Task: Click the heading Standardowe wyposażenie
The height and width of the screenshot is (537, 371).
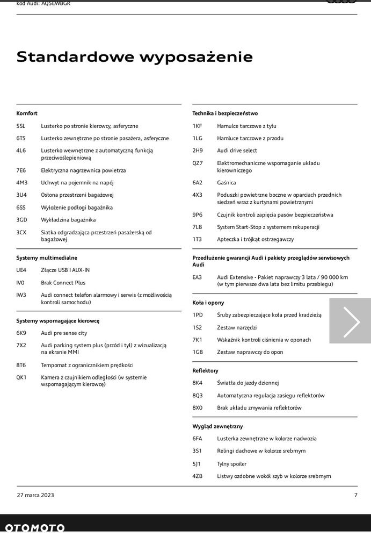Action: (x=134, y=56)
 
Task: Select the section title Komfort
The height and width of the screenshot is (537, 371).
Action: (x=27, y=113)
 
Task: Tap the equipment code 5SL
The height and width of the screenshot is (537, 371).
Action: (x=21, y=126)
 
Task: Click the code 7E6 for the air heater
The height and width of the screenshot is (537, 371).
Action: (x=21, y=170)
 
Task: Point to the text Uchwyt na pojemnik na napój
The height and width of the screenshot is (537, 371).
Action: (x=77, y=183)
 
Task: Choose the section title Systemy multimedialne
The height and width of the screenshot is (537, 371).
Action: (x=47, y=258)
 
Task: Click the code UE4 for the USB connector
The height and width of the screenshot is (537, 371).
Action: (x=21, y=270)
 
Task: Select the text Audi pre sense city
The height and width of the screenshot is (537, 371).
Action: (x=64, y=333)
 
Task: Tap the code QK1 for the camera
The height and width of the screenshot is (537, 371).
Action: (x=21, y=377)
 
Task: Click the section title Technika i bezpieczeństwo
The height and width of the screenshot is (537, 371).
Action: (x=225, y=113)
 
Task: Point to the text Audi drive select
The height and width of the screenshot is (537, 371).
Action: (x=237, y=151)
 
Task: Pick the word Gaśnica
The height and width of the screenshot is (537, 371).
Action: (x=227, y=183)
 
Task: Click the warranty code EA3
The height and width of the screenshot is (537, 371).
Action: (x=198, y=277)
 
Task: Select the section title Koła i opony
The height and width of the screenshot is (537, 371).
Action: (x=208, y=303)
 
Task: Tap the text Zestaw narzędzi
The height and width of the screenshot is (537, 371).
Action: (x=237, y=327)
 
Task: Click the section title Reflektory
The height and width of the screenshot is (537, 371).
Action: (x=206, y=371)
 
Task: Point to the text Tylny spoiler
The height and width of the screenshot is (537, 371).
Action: (x=232, y=464)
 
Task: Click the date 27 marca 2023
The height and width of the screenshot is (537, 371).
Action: (x=35, y=495)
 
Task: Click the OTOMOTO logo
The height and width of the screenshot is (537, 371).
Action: (x=35, y=528)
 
